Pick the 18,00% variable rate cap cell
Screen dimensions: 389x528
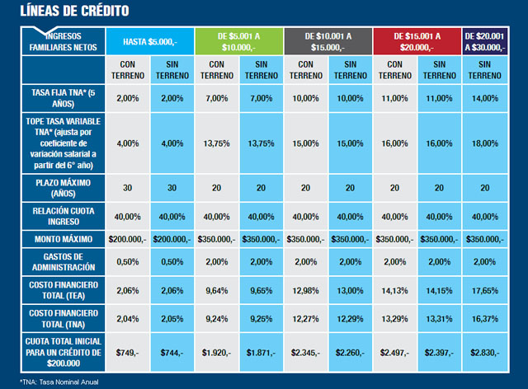point(485,143)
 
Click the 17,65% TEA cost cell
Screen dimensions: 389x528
point(485,290)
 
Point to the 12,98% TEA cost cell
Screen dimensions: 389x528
point(305,290)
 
